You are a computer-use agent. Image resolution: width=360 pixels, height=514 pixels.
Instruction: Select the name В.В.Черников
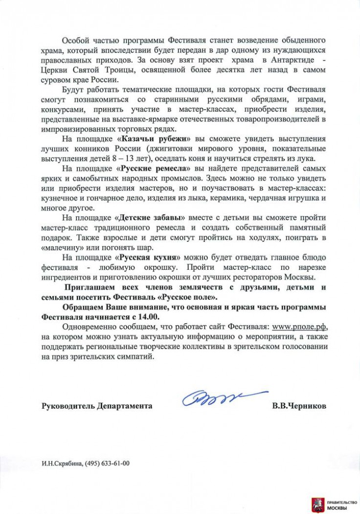coord(299,406)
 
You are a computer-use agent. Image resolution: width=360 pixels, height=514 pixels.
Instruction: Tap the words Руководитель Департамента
coord(97,406)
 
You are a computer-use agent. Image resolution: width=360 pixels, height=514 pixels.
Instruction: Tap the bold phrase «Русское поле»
coord(189,297)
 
